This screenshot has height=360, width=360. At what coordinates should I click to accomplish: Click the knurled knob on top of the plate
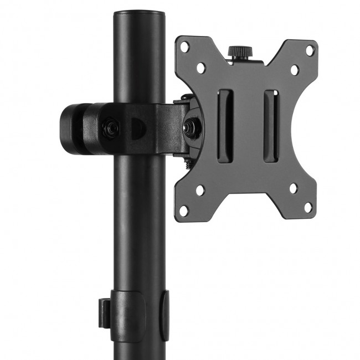tap(239, 52)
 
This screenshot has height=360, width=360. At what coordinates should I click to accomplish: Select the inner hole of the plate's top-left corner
tap(200, 67)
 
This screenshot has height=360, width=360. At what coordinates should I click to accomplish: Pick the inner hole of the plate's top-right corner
tap(295, 69)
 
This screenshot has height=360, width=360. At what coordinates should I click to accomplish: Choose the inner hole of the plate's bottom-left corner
tap(200, 190)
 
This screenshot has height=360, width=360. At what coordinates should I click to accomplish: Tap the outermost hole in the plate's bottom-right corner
tap(308, 207)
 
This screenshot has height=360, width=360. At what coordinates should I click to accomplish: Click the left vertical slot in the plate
tap(225, 126)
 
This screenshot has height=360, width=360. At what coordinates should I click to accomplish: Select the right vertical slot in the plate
tap(270, 126)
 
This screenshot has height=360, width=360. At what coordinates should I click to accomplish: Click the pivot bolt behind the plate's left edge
tap(193, 125)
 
